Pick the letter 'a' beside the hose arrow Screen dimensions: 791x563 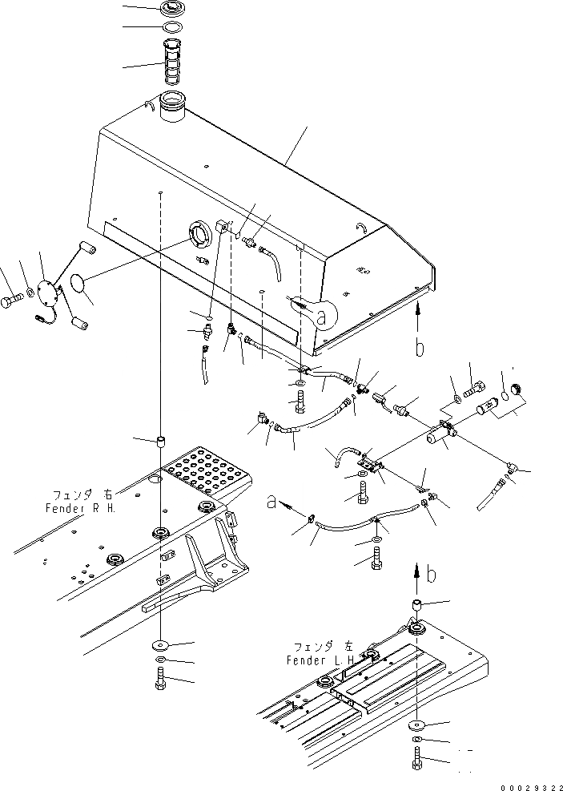pyautogui.click(x=273, y=502)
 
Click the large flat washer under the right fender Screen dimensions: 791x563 pyautogui.click(x=159, y=645)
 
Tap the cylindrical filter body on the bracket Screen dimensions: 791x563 pyautogui.click(x=438, y=437)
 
